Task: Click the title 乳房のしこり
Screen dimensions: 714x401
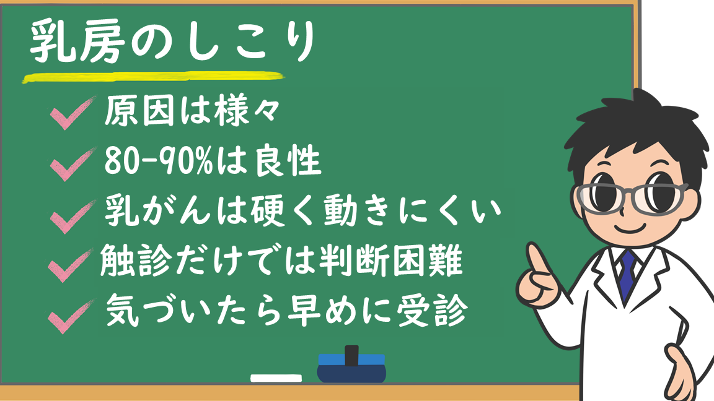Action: (x=172, y=42)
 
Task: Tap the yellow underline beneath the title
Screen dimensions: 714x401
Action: (x=154, y=77)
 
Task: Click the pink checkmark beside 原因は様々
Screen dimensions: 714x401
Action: (x=72, y=113)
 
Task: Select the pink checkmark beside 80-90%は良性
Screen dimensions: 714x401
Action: (x=72, y=164)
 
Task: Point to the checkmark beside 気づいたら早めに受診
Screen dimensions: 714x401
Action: (x=70, y=316)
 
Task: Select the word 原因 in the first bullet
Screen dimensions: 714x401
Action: (x=139, y=111)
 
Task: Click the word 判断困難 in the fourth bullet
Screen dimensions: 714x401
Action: (x=390, y=261)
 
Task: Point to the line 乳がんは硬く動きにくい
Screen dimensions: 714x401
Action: (x=302, y=211)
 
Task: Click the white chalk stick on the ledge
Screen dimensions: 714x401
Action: (x=276, y=378)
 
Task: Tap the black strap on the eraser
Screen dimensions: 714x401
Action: (x=351, y=356)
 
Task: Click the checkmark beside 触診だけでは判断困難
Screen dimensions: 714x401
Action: (x=70, y=266)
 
